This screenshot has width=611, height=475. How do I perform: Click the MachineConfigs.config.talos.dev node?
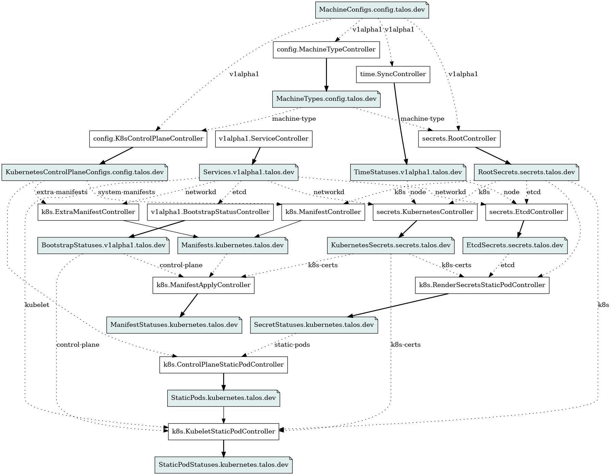click(372, 10)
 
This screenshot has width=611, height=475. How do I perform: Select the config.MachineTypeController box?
click(326, 50)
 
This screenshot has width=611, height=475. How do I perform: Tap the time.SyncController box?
click(393, 74)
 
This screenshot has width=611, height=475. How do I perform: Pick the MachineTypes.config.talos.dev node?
click(327, 99)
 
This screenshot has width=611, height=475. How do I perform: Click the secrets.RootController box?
click(459, 139)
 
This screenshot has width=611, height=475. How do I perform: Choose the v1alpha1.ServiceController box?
click(264, 139)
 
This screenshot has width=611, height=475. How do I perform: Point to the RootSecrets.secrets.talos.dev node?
click(526, 172)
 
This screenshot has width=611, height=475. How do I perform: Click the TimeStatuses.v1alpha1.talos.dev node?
click(408, 172)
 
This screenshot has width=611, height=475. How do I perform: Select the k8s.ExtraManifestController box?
click(88, 212)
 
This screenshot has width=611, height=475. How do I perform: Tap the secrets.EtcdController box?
click(526, 212)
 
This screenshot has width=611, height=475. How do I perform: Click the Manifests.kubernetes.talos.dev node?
click(232, 246)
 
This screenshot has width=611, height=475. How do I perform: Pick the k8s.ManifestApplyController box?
click(203, 285)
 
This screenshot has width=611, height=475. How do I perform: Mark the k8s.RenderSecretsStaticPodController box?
click(482, 285)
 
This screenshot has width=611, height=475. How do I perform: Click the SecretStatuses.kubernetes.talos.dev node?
click(314, 325)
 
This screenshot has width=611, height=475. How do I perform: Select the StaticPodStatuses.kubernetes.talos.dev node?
click(223, 465)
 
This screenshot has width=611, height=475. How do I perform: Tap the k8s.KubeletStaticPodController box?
click(223, 432)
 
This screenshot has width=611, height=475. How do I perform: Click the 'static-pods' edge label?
click(292, 345)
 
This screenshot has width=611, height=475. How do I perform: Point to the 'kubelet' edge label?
click(37, 305)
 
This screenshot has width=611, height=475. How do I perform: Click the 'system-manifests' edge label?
click(126, 192)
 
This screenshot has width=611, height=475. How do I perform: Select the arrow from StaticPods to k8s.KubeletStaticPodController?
click(223, 415)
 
